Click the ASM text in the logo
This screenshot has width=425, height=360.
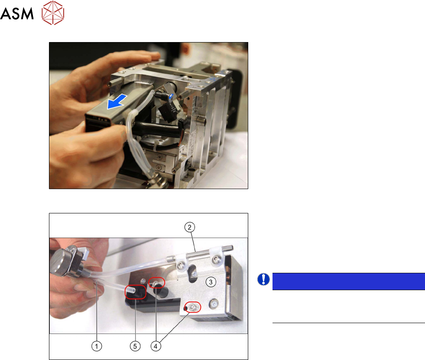[17, 13]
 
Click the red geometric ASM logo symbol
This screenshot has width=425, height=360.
[53, 13]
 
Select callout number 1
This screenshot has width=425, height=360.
[97, 346]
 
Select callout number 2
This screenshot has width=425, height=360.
[189, 227]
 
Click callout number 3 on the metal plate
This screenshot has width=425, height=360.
[211, 282]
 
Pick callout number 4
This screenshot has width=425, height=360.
[156, 346]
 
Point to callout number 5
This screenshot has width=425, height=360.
[135, 346]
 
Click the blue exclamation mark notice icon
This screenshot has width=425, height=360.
[263, 279]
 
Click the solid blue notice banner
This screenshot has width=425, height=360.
[349, 281]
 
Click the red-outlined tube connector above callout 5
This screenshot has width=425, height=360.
[135, 292]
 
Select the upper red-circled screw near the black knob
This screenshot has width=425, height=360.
[157, 283]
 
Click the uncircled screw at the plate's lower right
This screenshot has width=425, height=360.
[214, 303]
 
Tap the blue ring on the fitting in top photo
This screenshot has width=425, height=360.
[171, 97]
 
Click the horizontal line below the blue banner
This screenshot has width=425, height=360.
[349, 323]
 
